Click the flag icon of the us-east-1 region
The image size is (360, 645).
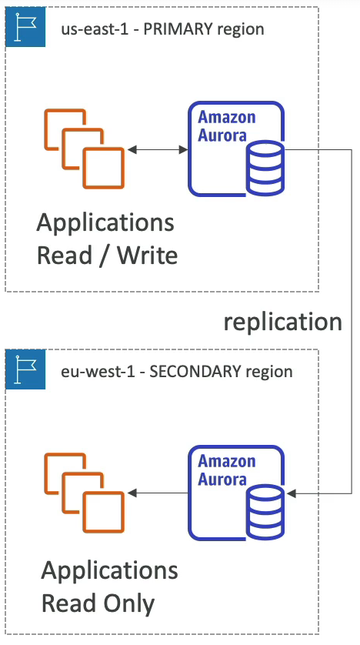pos(25,27)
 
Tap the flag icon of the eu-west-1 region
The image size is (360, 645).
pos(25,369)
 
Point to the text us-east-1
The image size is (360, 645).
pos(94,29)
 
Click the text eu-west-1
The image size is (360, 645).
pos(97,372)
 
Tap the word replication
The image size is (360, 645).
pos(283,322)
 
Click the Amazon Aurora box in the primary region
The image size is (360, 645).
pos(236,149)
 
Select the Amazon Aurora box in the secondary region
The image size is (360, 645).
pos(236,493)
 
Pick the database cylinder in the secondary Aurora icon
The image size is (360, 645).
pos(265,512)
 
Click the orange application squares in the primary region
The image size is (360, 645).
pos(85,149)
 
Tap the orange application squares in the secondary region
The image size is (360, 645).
pos(85,493)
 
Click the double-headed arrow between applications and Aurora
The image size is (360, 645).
pos(158,150)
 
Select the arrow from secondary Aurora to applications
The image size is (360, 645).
pos(158,493)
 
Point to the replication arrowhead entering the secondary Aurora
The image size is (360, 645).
pos(292,493)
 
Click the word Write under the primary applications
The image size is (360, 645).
pos(148,255)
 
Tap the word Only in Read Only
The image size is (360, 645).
pos(128,604)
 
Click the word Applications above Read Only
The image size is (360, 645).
pos(110,571)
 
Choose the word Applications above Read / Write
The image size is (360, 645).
pos(105,223)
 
